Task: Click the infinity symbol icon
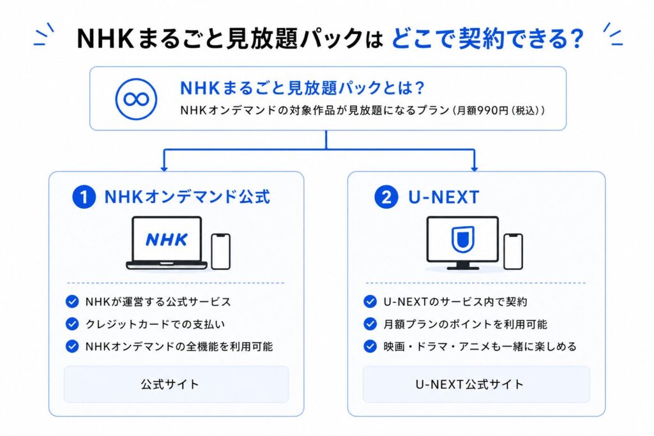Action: point(136,99)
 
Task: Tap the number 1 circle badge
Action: point(84,197)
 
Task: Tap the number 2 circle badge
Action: point(386,197)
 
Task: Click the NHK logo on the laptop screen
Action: point(167,239)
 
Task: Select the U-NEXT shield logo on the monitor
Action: point(463,239)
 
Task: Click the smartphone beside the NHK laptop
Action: point(220,252)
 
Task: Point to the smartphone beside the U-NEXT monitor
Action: point(513,252)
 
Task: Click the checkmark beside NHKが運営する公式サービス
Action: point(72,301)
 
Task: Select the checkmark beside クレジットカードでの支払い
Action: point(72,324)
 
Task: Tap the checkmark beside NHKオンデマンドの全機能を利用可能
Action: point(72,346)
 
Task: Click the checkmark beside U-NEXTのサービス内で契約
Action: point(370,301)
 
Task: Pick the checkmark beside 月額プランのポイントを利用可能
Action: point(370,324)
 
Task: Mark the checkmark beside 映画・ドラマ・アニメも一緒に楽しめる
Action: point(370,346)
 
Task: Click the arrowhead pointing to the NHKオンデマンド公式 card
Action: point(164,168)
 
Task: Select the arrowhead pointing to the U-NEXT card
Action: point(475,168)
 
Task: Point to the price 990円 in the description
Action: point(494,110)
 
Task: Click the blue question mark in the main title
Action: point(577,38)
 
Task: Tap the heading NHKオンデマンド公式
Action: point(187,197)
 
